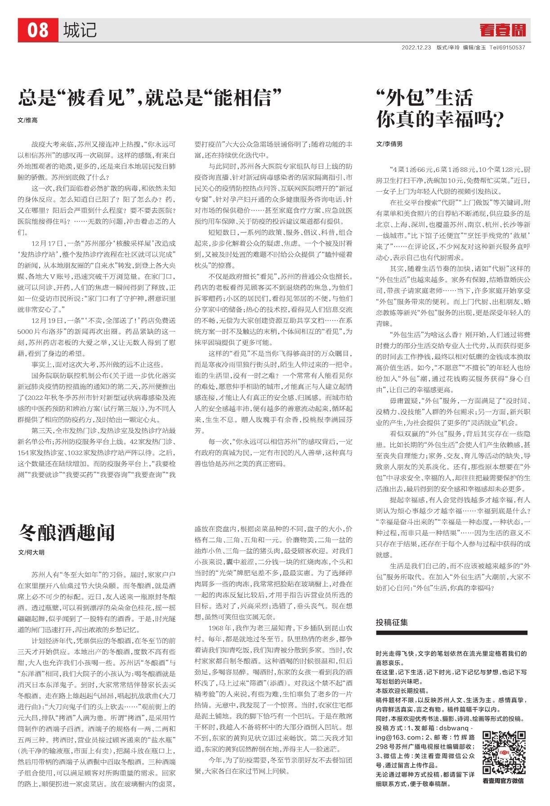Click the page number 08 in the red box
coord(38,31)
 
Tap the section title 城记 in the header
coord(80,31)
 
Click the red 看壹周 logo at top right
coord(502,31)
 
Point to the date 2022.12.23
coord(416,47)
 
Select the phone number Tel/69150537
coord(507,47)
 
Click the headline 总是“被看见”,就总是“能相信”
coord(150,97)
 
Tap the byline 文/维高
coord(27,121)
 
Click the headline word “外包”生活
coord(425,97)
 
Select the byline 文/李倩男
coord(389,144)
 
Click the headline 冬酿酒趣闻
coord(67,533)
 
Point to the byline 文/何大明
coord(31,552)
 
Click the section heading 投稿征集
coord(392,622)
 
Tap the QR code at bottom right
coord(503,753)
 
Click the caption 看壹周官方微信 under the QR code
coord(503,781)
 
